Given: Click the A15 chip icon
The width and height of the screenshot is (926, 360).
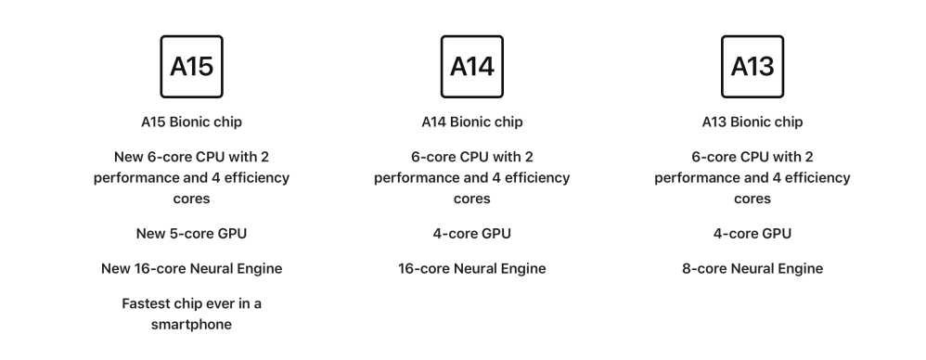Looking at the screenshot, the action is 191,66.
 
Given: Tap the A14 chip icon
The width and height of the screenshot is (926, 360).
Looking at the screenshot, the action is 472,66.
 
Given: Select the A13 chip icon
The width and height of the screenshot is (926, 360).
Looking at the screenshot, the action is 752,66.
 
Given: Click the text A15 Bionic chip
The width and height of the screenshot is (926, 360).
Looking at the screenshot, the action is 191,122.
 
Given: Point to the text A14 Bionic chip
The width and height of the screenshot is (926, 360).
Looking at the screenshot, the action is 472,122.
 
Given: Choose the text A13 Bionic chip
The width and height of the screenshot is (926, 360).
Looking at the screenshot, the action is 752,122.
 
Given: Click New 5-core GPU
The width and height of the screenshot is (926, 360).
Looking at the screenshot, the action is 191,234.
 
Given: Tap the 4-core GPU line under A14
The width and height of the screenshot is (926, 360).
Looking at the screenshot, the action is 472,234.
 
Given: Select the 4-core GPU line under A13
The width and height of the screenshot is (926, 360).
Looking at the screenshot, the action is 752,234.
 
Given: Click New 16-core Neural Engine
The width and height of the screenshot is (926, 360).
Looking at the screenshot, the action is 191,268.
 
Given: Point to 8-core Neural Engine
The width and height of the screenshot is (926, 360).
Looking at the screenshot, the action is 752,268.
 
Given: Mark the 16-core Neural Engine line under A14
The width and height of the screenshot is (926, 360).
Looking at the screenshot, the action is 472,268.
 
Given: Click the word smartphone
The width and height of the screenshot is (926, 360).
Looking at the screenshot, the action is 191,325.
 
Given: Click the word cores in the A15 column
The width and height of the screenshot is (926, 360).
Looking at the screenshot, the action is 191,199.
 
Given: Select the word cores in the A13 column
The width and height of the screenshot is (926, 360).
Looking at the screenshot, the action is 752,199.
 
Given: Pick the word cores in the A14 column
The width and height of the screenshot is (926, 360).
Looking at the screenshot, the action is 472,199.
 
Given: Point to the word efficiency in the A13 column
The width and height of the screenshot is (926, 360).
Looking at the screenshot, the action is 818,178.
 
